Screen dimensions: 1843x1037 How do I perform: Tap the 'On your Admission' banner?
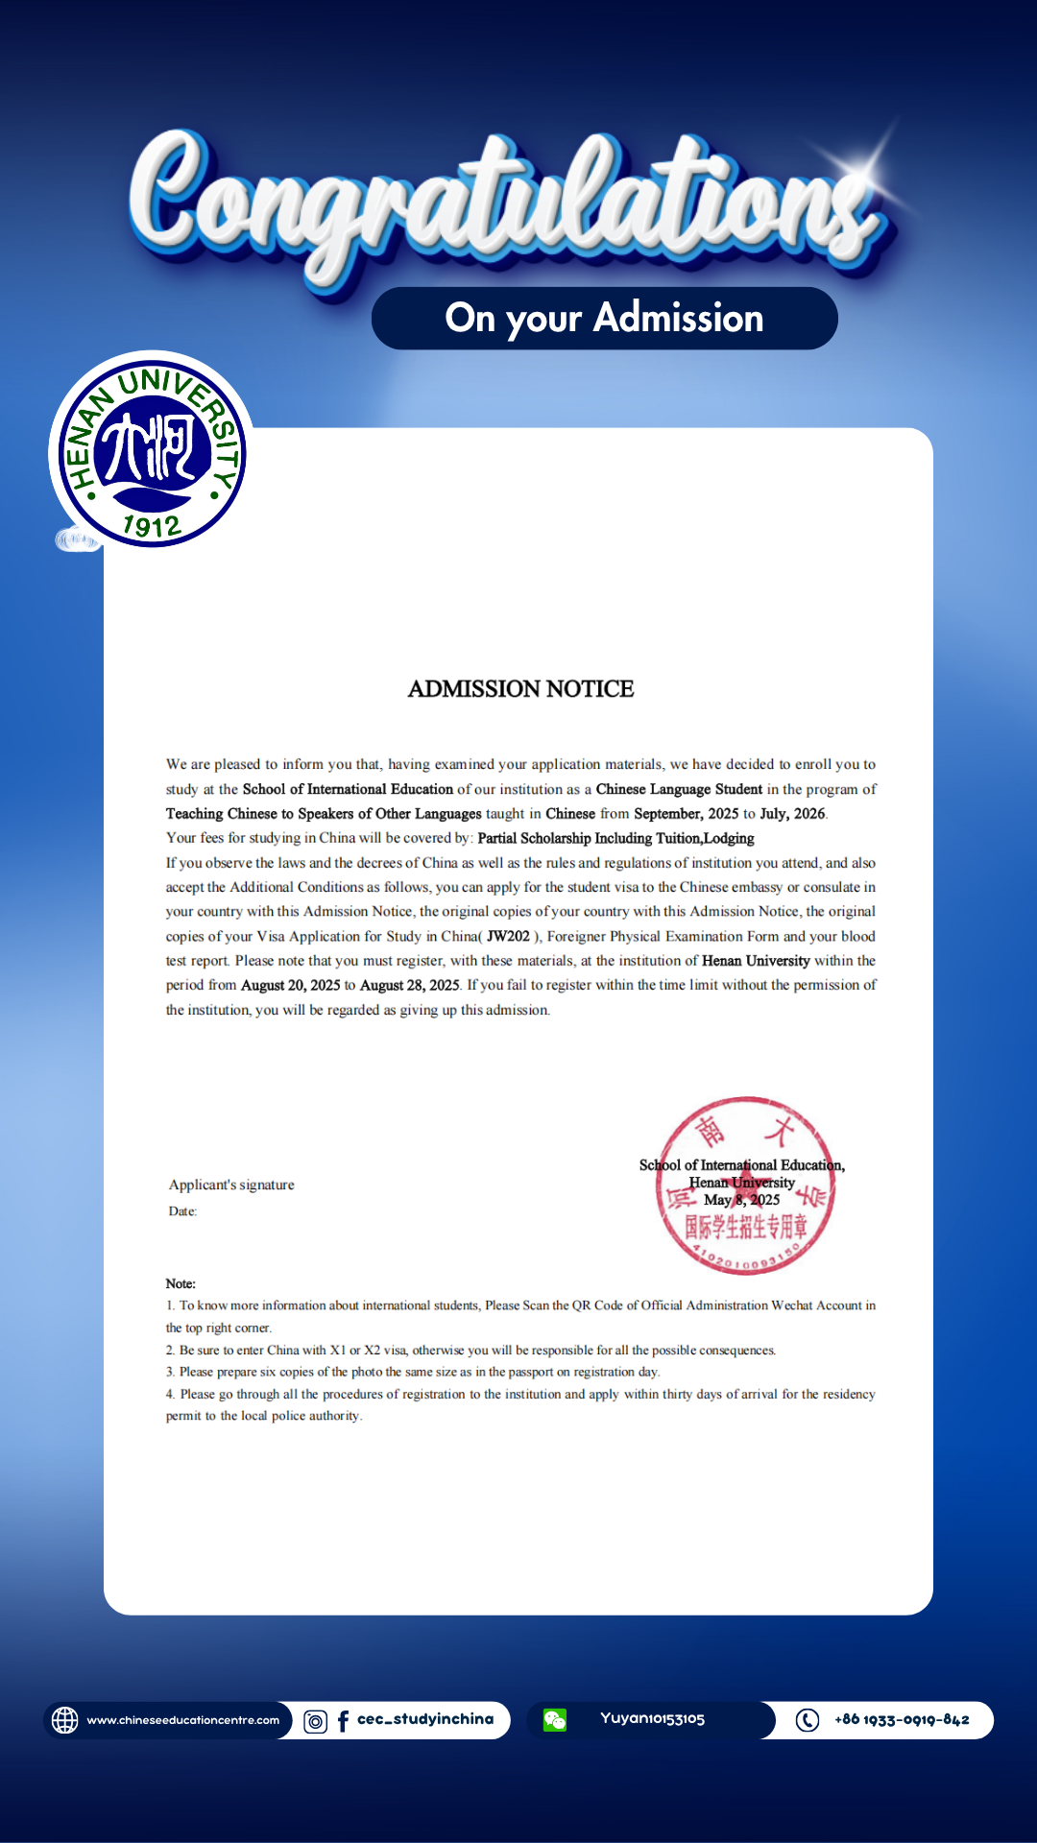pos(604,318)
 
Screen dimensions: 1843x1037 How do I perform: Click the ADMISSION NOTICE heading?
pos(520,689)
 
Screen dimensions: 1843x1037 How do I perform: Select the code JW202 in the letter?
pos(508,936)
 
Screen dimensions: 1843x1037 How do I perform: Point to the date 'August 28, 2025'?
pos(409,985)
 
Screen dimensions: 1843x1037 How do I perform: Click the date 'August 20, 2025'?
pos(290,985)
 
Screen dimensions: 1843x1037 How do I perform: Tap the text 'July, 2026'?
pos(792,813)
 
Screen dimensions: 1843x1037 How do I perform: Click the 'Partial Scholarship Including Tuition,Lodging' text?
pos(615,838)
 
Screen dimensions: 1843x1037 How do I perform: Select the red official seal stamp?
pos(745,1185)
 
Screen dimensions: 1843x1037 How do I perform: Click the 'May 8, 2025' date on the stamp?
pos(741,1200)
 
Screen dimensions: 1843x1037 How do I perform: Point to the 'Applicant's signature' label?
pos(231,1185)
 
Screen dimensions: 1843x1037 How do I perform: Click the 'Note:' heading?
pos(181,1283)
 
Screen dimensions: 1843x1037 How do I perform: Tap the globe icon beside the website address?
pos(65,1720)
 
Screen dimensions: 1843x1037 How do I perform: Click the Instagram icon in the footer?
pos(315,1721)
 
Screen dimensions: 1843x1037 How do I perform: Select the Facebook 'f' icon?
pos(343,1721)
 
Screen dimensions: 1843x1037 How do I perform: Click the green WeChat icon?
pos(555,1720)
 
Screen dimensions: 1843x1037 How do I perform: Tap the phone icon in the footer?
pos(808,1720)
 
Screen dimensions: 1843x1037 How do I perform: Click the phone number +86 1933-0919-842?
pos(902,1719)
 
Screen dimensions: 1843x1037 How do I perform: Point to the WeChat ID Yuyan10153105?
pos(652,1718)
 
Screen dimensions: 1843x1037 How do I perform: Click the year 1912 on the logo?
pos(152,525)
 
